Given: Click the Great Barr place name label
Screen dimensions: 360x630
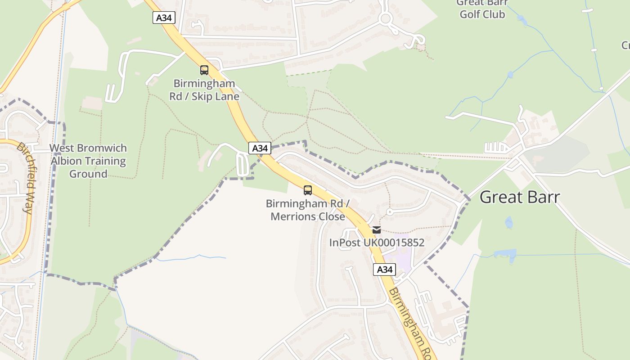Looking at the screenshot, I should click(520, 197).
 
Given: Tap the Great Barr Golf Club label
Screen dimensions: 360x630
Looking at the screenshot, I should click(482, 9).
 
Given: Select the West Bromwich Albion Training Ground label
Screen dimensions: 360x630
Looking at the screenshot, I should click(88, 161).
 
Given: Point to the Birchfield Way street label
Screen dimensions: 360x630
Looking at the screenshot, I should click(27, 178).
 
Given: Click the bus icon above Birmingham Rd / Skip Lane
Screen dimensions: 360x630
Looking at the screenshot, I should click(204, 70).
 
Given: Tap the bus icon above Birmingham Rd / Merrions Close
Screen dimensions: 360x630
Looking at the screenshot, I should click(308, 190).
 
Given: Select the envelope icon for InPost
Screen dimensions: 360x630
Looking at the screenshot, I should click(377, 230).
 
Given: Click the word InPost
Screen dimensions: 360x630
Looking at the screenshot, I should click(345, 243).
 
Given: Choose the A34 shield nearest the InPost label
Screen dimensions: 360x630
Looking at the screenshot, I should click(384, 270).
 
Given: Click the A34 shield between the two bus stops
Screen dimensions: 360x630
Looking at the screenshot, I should click(260, 148).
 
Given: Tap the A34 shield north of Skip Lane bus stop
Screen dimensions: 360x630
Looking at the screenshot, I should click(164, 18).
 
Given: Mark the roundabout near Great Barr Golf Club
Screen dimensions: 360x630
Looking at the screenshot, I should click(385, 19).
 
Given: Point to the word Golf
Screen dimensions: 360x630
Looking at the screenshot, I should click(482, 14).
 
